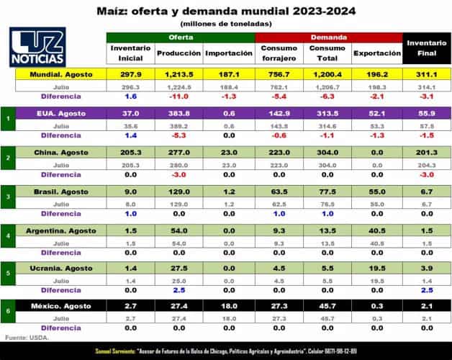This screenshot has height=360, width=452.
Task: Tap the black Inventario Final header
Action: pyautogui.click(x=425, y=48)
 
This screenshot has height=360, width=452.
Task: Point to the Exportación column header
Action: pyautogui.click(x=376, y=53)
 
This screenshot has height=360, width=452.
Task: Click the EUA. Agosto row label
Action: pyautogui.click(x=63, y=113)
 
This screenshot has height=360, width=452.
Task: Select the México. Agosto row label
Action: pyautogui.click(x=63, y=307)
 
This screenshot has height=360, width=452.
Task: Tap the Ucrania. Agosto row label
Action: pyautogui.click(x=63, y=268)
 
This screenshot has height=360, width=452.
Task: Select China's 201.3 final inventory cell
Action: pyautogui.click(x=425, y=152)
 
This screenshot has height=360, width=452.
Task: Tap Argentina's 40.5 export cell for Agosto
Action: pyautogui.click(x=376, y=230)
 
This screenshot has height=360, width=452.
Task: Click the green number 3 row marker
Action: pyautogui.click(x=7, y=197)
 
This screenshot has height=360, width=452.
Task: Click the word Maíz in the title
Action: pyautogui.click(x=111, y=10)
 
